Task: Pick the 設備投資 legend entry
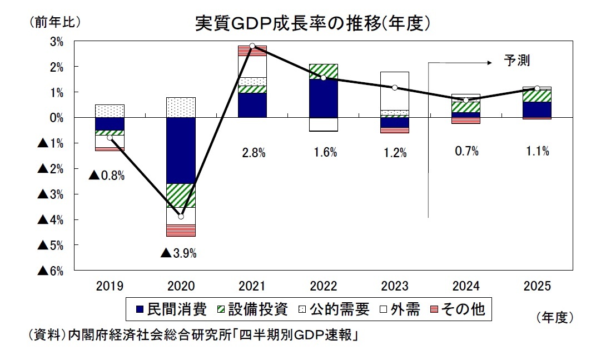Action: (252, 309)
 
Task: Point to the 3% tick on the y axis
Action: (57, 42)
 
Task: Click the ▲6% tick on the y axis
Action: (50, 271)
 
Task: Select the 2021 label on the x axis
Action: (252, 286)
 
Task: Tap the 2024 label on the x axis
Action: (466, 286)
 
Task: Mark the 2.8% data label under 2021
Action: (252, 153)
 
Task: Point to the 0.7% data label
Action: (466, 151)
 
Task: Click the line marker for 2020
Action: (181, 216)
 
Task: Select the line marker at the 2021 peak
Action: (252, 46)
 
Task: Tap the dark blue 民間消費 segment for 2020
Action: (181, 150)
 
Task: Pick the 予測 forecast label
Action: (517, 61)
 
